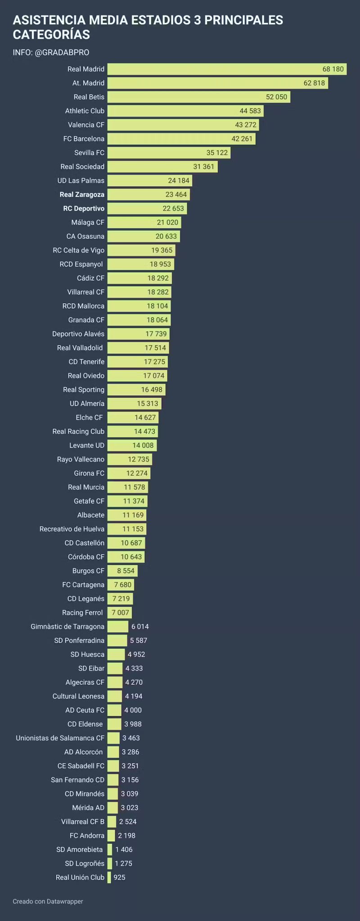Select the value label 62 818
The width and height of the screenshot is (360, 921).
pos(314,83)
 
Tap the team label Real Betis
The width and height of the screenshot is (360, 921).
pos(89,97)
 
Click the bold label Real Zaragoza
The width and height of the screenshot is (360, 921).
pos(82,194)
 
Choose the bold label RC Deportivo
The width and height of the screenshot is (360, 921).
pos(84,208)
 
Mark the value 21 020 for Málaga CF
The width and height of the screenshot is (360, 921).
pos(167,222)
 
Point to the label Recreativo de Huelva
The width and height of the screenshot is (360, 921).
pos(72,529)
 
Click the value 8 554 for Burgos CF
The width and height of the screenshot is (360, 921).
pos(126,571)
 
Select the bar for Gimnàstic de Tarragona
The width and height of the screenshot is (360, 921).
pos(117,627)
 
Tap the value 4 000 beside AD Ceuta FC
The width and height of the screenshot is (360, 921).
pos(133,710)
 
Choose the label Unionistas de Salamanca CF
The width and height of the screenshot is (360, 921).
pos(60,738)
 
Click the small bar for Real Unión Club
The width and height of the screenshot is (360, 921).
pos(109,877)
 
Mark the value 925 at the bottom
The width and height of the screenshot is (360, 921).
pos(119,877)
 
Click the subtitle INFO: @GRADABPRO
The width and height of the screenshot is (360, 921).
pos(51,53)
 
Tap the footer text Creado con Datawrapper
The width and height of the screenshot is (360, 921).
pos(48,901)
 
